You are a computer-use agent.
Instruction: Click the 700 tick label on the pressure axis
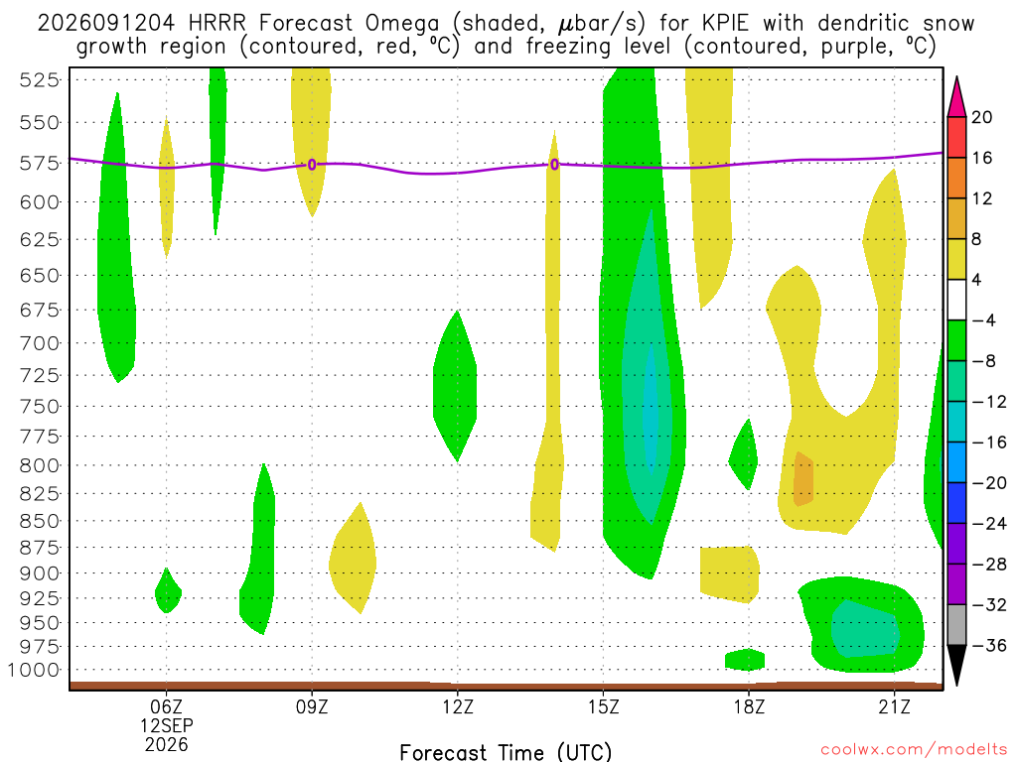point(39,342)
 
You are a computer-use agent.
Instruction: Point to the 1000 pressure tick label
point(33,670)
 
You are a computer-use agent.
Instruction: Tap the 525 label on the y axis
point(39,79)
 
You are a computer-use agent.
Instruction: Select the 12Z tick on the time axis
point(458,706)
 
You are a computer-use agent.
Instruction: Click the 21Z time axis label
point(895,706)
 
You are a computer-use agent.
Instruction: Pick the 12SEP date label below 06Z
point(167,725)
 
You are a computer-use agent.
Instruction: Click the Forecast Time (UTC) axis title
point(506,752)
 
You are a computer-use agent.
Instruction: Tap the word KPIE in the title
point(722,24)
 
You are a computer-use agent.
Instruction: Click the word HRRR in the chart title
point(217,24)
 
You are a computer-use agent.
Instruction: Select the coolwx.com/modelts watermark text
point(914,750)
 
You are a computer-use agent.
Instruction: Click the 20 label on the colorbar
point(981,117)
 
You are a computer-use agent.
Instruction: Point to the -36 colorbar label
point(989,645)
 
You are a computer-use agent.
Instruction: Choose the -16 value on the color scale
point(989,443)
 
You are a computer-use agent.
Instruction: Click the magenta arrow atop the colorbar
point(956,97)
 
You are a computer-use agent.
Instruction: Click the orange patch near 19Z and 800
point(803,479)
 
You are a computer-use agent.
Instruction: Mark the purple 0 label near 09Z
point(312,165)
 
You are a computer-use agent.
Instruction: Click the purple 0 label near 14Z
point(554,165)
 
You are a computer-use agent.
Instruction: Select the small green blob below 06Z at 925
point(168,591)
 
